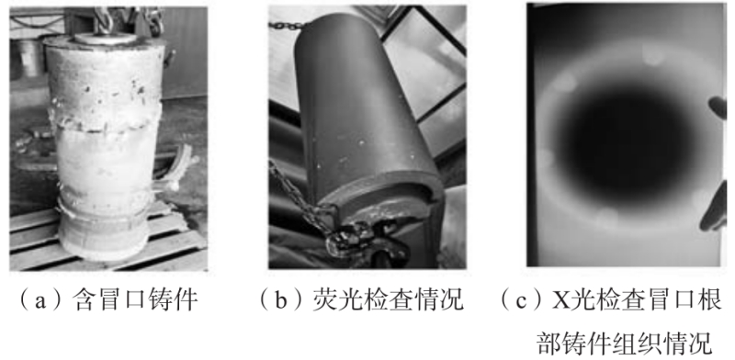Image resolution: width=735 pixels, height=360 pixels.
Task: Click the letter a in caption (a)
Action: coord(40,300)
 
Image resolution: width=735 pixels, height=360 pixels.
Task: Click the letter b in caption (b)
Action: coord(281,300)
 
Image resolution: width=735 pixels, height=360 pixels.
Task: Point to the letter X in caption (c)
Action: coord(560,300)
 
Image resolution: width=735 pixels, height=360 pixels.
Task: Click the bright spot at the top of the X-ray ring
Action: coord(652,55)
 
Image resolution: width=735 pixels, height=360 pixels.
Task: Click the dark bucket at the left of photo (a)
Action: coord(29,58)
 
